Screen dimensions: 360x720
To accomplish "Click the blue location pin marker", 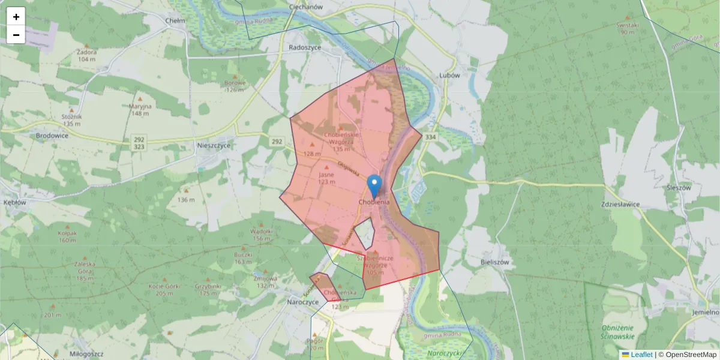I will click(x=374, y=185).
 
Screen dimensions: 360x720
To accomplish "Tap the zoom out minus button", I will click(x=16, y=35).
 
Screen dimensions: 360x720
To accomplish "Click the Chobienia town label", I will click(x=374, y=202).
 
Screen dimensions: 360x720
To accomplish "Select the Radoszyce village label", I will click(x=305, y=47).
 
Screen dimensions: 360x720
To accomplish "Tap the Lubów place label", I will click(x=449, y=76).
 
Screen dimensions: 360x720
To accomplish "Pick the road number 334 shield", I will click(x=430, y=137).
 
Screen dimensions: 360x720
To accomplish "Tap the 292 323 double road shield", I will click(x=139, y=143).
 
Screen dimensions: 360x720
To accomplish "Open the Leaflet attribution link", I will click(x=641, y=355).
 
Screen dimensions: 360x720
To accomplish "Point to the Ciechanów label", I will click(x=306, y=7).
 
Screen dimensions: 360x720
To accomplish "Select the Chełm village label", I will click(x=175, y=20).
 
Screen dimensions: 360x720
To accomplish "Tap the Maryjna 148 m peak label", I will click(x=140, y=110).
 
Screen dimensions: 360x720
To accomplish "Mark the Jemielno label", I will click(x=704, y=312).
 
